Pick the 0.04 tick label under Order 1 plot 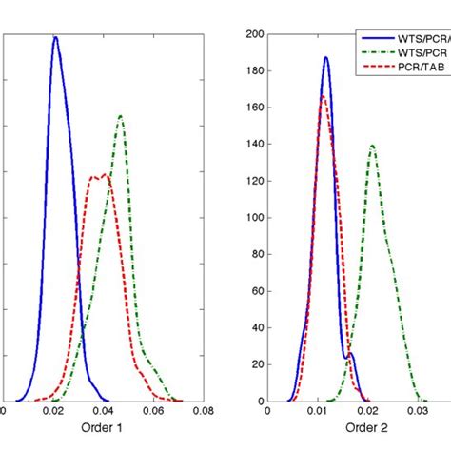click(104, 412)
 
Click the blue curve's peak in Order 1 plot click(55, 38)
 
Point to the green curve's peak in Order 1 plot click(121, 115)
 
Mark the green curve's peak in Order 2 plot click(371, 146)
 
